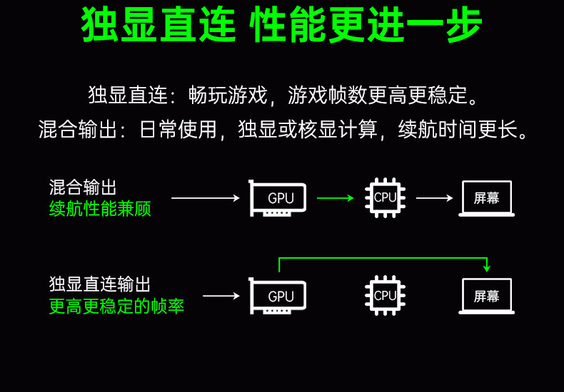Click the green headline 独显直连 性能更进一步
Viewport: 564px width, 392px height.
282,26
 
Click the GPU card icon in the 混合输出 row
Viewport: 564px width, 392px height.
278,198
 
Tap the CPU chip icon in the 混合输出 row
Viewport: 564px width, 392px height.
385,197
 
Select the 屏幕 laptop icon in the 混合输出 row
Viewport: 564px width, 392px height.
486,198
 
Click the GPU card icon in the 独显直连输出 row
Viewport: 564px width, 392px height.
278,296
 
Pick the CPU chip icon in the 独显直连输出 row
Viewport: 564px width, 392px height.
385,295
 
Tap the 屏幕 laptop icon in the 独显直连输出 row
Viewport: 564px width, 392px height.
486,296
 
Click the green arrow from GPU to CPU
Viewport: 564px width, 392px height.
335,198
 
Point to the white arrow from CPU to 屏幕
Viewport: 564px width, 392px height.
434,198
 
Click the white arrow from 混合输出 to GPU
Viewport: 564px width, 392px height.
206,198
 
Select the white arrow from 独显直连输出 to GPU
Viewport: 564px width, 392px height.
221,296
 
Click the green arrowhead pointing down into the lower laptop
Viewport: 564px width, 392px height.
487,268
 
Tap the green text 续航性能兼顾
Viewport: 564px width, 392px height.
100,209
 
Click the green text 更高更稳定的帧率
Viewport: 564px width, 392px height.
116,306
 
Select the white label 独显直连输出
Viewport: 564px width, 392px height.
100,285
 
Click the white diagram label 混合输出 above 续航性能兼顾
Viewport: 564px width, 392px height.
83,187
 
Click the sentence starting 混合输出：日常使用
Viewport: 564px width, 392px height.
283,130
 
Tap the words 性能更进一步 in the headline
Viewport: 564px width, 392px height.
366,26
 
